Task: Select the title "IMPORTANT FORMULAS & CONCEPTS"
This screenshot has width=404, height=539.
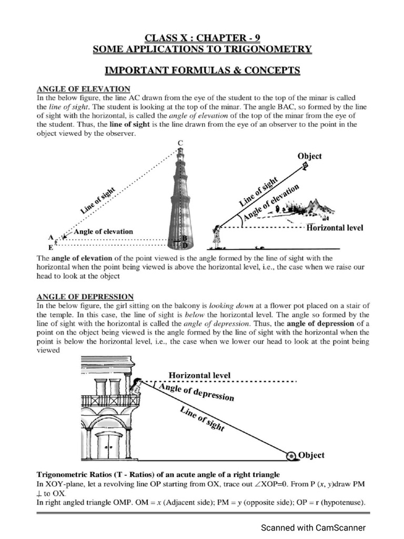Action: tap(202, 70)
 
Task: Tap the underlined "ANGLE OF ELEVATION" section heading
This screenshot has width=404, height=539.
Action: tap(83, 89)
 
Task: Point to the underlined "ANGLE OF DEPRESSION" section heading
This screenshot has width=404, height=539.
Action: tap(85, 297)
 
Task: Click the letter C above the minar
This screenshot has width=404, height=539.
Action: tap(180, 143)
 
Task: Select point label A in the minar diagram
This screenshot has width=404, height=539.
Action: tap(51, 237)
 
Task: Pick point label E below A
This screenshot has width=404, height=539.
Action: tap(51, 246)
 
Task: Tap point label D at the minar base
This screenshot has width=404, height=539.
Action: tap(185, 245)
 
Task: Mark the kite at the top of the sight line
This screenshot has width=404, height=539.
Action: tap(306, 167)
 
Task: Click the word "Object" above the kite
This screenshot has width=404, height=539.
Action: tap(309, 156)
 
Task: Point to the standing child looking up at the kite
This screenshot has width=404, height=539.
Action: tap(216, 236)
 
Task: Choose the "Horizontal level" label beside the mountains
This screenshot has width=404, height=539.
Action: tap(335, 228)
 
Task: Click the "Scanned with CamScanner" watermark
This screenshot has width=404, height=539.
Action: tap(313, 527)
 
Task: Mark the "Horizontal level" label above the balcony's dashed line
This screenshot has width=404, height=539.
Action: tap(199, 375)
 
